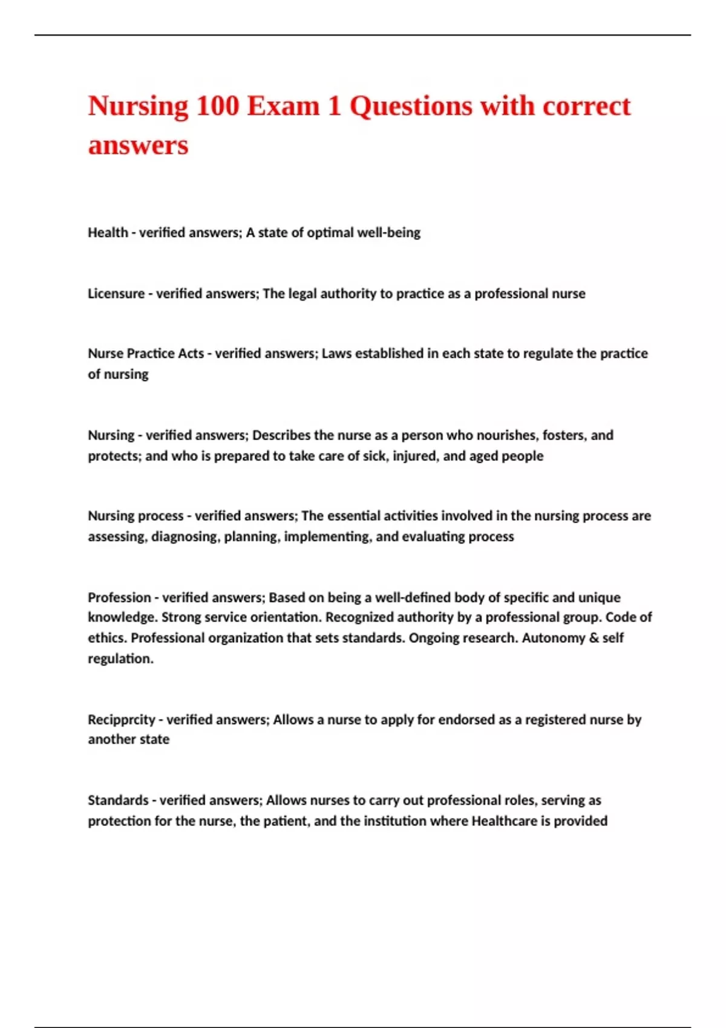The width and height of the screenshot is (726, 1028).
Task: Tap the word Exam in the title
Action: click(x=283, y=106)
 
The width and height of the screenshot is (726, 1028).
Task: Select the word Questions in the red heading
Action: click(x=411, y=106)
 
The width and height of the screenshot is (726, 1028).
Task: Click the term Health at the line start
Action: click(x=108, y=233)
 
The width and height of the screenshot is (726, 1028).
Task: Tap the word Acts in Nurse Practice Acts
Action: click(x=191, y=354)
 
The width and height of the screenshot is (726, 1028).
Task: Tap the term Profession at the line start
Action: click(x=119, y=598)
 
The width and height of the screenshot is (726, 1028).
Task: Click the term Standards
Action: click(x=117, y=801)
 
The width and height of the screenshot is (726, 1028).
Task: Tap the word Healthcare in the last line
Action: click(x=503, y=821)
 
